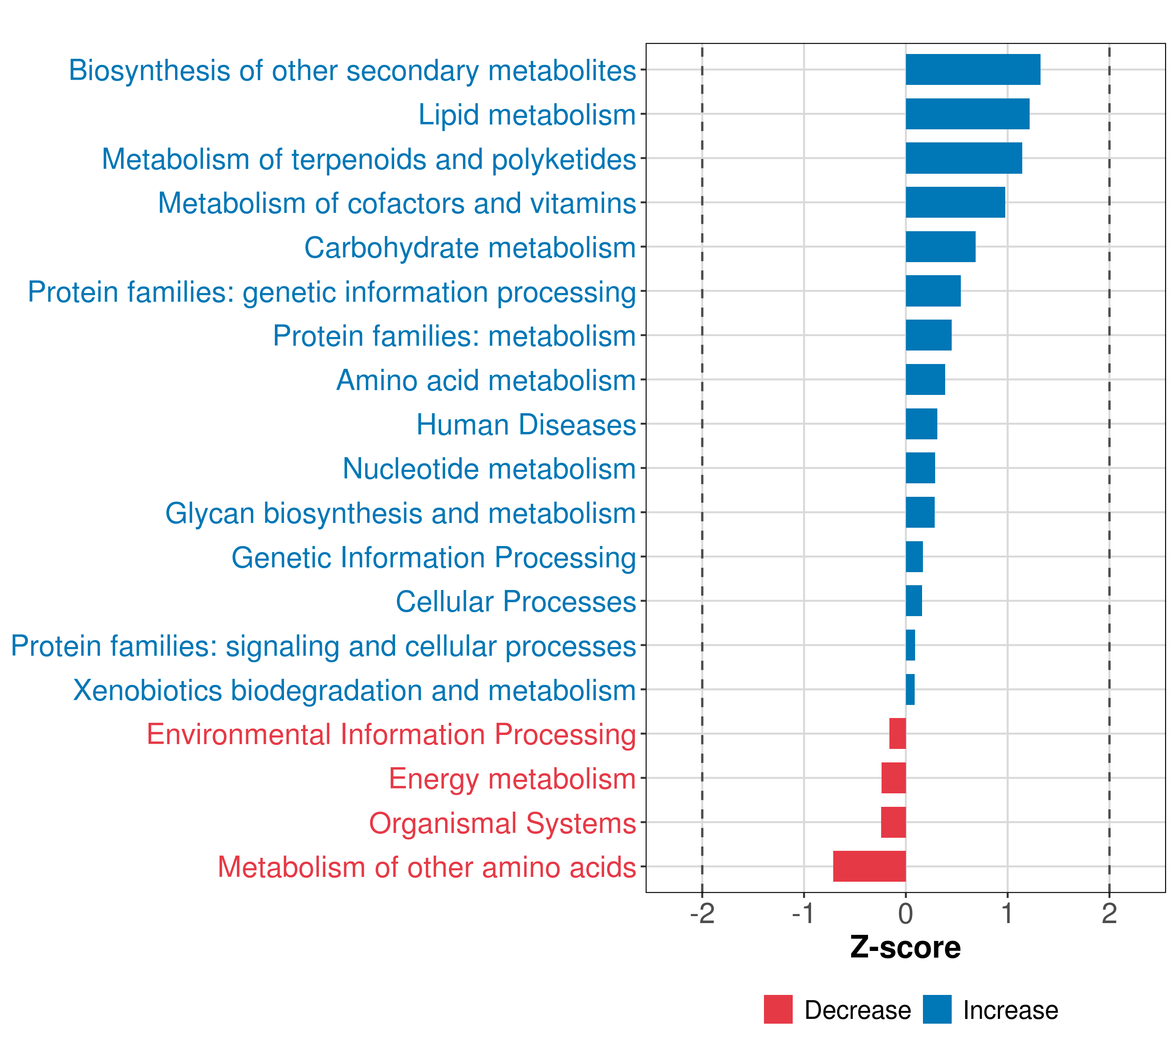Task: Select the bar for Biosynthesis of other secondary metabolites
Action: point(973,70)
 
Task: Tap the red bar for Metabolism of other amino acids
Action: point(869,866)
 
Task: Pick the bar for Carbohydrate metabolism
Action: point(941,247)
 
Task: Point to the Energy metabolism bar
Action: point(893,778)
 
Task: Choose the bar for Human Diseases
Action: point(921,424)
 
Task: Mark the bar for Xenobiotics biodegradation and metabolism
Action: point(910,690)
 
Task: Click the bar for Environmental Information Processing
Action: point(898,733)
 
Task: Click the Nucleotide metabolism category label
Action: point(489,469)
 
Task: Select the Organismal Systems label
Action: point(502,823)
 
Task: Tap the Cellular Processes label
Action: point(516,602)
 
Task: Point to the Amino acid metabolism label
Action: point(486,380)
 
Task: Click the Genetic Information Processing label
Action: point(433,558)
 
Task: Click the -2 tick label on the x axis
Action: point(702,914)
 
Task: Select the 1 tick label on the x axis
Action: point(1007,914)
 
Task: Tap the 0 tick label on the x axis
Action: point(906,914)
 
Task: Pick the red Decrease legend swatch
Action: point(778,1009)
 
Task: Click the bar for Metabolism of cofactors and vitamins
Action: point(955,202)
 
